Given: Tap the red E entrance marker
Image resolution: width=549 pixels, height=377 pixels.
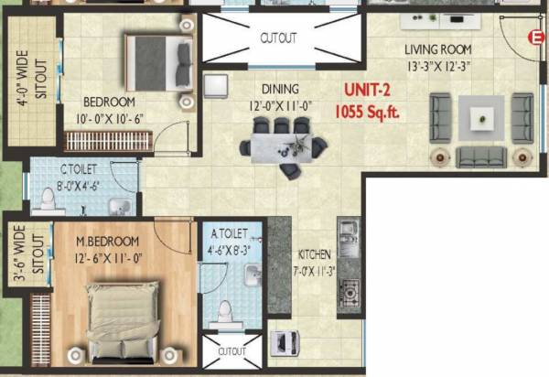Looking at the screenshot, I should (537, 37).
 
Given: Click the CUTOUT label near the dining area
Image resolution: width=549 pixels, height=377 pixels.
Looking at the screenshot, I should (278, 38).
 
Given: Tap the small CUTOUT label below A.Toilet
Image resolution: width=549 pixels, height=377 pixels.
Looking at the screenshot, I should (231, 351).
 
